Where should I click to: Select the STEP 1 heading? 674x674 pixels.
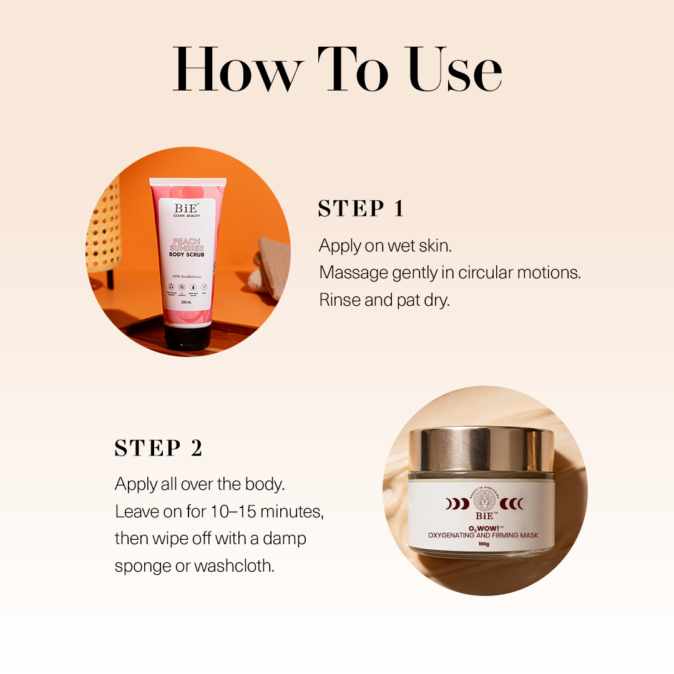pos(361,208)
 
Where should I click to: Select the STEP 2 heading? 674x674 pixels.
pos(159,448)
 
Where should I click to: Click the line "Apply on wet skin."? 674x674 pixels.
pos(385,246)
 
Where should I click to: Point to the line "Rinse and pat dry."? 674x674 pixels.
pos(384,300)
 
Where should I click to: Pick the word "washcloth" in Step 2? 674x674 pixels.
pos(233,566)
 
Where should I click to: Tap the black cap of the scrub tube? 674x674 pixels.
pos(187,337)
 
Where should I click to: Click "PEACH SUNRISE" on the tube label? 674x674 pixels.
pos(185,244)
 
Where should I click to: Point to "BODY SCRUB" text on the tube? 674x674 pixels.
pos(185,255)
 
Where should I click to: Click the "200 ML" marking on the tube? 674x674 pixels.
pos(185,302)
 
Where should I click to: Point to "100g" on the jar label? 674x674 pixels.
pos(484,544)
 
